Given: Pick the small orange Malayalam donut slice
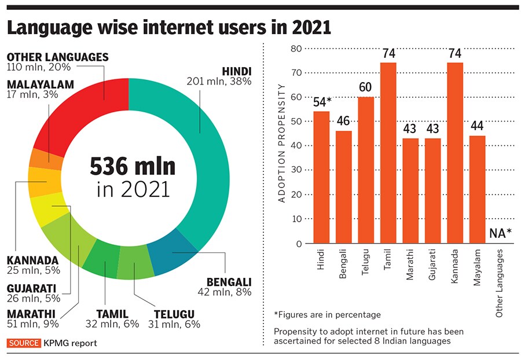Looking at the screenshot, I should [45, 159].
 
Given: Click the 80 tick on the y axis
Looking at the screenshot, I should [296, 49].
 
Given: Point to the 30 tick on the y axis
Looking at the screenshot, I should [296, 171].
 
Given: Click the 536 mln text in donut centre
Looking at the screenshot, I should [132, 167].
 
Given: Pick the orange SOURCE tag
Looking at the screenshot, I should [24, 343].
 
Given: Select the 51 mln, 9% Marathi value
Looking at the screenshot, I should [32, 324].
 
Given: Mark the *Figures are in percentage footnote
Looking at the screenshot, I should [327, 314].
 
